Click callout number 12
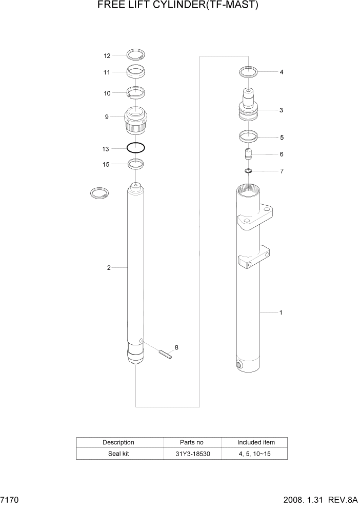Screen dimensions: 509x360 (107, 56)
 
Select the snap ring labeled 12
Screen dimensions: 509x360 (136, 55)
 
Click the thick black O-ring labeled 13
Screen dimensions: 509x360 (136, 148)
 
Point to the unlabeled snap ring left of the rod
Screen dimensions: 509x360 (99, 193)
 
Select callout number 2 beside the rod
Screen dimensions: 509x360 (109, 267)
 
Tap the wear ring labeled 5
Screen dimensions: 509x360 (248, 137)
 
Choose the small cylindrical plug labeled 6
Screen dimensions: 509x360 (248, 154)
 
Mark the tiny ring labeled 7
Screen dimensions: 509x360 (248, 171)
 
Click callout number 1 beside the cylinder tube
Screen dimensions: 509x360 (281, 312)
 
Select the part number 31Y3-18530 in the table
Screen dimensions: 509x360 (192, 454)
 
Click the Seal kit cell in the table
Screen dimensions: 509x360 (119, 454)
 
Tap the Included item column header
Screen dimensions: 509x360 (255, 442)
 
